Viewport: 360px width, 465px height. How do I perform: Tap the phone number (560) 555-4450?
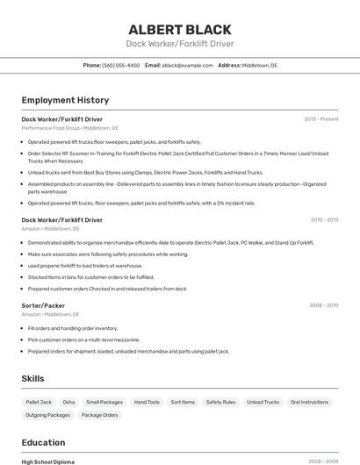coord(120,65)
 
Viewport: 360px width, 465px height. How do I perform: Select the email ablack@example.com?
coord(187,65)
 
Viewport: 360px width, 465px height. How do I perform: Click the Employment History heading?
coord(65,100)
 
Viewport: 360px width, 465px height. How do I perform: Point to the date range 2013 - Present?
coord(320,118)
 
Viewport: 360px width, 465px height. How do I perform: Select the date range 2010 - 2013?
coord(324,219)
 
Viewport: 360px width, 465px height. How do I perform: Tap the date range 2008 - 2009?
coord(323,305)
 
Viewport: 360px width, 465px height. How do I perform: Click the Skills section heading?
coord(33,378)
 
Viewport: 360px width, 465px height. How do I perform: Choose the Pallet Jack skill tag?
coord(40,402)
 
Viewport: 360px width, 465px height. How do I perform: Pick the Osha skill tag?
coord(68,402)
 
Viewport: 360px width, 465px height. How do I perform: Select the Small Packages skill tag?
coord(104,402)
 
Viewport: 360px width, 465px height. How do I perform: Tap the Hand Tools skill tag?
coord(147,402)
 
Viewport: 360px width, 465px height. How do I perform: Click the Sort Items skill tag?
coord(183,402)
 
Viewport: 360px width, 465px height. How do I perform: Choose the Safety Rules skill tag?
coord(220,402)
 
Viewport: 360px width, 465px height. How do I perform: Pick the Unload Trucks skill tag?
coord(263,402)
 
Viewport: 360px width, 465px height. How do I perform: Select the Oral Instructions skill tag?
coord(308,402)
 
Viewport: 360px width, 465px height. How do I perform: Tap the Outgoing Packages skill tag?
coord(47,415)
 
